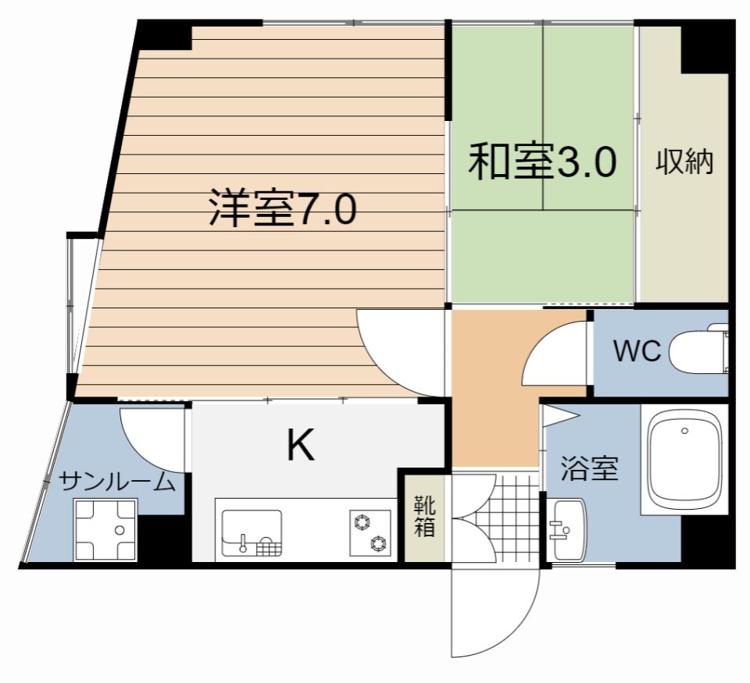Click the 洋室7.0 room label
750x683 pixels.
(x=282, y=208)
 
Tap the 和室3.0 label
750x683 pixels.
(x=542, y=162)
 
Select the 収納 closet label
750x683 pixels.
(x=684, y=162)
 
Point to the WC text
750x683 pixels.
(x=637, y=351)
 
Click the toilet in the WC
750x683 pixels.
(x=702, y=350)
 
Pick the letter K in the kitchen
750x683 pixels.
(x=300, y=446)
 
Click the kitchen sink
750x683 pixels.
(x=252, y=532)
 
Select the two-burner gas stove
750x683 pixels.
(x=370, y=532)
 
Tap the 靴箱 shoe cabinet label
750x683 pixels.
(x=423, y=516)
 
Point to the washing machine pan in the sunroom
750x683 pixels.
(x=105, y=529)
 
